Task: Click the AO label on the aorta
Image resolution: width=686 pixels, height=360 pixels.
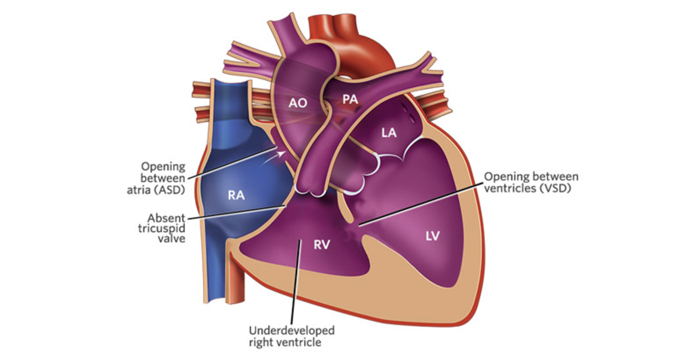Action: point(298,103)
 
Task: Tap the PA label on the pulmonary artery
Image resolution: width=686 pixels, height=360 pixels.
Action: point(350,99)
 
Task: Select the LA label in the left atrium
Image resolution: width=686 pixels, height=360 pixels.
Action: point(389,133)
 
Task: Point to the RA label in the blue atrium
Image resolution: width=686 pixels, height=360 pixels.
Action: point(236,195)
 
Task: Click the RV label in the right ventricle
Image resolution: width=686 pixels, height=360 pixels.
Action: point(322,245)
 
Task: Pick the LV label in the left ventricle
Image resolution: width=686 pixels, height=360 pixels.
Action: point(433,235)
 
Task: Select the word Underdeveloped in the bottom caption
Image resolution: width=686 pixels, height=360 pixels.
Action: point(292,331)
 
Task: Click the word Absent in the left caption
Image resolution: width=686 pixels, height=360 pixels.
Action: point(166,218)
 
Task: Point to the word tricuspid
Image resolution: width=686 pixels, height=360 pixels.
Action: point(162,229)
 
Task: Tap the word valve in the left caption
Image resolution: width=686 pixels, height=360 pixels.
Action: point(171,239)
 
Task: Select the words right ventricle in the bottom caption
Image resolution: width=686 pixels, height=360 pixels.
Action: point(285,342)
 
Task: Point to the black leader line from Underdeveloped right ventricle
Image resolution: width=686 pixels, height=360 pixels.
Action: point(296,282)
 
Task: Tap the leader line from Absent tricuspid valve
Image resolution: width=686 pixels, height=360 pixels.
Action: point(237,213)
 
